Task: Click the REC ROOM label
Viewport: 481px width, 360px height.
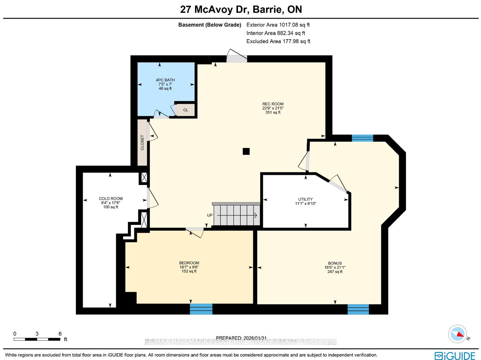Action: [273, 104]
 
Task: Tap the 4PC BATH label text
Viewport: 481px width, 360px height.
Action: [165, 80]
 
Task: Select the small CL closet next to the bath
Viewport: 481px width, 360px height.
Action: [186, 110]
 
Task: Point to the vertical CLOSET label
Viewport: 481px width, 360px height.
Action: [142, 143]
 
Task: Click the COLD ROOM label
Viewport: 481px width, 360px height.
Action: [111, 199]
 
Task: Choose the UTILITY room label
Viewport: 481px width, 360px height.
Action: [305, 199]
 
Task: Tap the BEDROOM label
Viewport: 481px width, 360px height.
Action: [189, 263]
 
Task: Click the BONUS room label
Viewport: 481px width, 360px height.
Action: [335, 263]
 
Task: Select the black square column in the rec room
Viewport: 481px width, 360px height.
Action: [246, 151]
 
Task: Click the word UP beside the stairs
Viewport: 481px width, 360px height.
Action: [210, 215]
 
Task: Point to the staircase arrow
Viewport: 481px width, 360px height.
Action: [237, 215]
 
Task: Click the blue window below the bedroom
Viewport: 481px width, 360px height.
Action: [201, 309]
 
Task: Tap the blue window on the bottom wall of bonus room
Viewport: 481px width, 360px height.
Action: [358, 309]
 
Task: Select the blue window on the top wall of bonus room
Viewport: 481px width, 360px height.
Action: [362, 138]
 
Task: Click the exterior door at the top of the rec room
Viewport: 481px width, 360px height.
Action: [237, 56]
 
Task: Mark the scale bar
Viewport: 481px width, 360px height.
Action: [37, 339]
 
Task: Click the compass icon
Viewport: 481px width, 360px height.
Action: [458, 334]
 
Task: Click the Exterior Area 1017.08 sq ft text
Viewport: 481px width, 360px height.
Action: [278, 25]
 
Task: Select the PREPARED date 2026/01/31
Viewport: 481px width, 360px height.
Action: [241, 338]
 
